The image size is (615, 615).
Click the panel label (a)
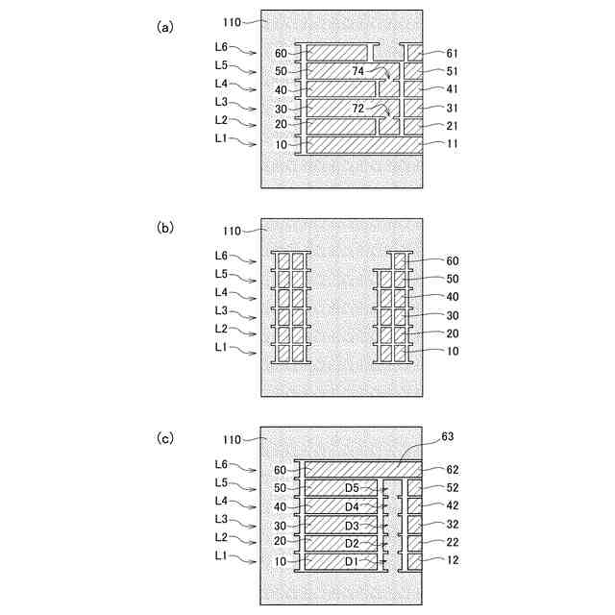[x=165, y=28]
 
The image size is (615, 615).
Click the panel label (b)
[x=165, y=228]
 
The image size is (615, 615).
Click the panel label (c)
[x=165, y=436]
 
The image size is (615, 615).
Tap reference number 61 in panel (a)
[x=454, y=54]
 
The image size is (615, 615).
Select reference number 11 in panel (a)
[x=454, y=144]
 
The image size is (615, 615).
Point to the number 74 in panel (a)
[x=359, y=71]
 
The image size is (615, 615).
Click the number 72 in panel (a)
[x=359, y=108]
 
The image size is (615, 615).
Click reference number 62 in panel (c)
[x=454, y=470]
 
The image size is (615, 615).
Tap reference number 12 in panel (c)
[x=454, y=561]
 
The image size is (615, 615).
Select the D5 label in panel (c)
[x=352, y=488]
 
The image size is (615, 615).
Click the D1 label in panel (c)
[x=352, y=561]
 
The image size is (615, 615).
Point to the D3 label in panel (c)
[x=352, y=525]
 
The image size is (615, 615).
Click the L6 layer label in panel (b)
[x=221, y=256]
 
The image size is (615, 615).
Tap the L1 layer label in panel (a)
[x=221, y=139]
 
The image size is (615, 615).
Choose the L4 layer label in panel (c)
[x=221, y=501]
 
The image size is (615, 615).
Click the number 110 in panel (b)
[x=232, y=231]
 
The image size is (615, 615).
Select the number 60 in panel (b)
[x=454, y=260]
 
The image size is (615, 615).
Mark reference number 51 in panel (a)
[x=454, y=71]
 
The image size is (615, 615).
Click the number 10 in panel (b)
[x=454, y=352]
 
